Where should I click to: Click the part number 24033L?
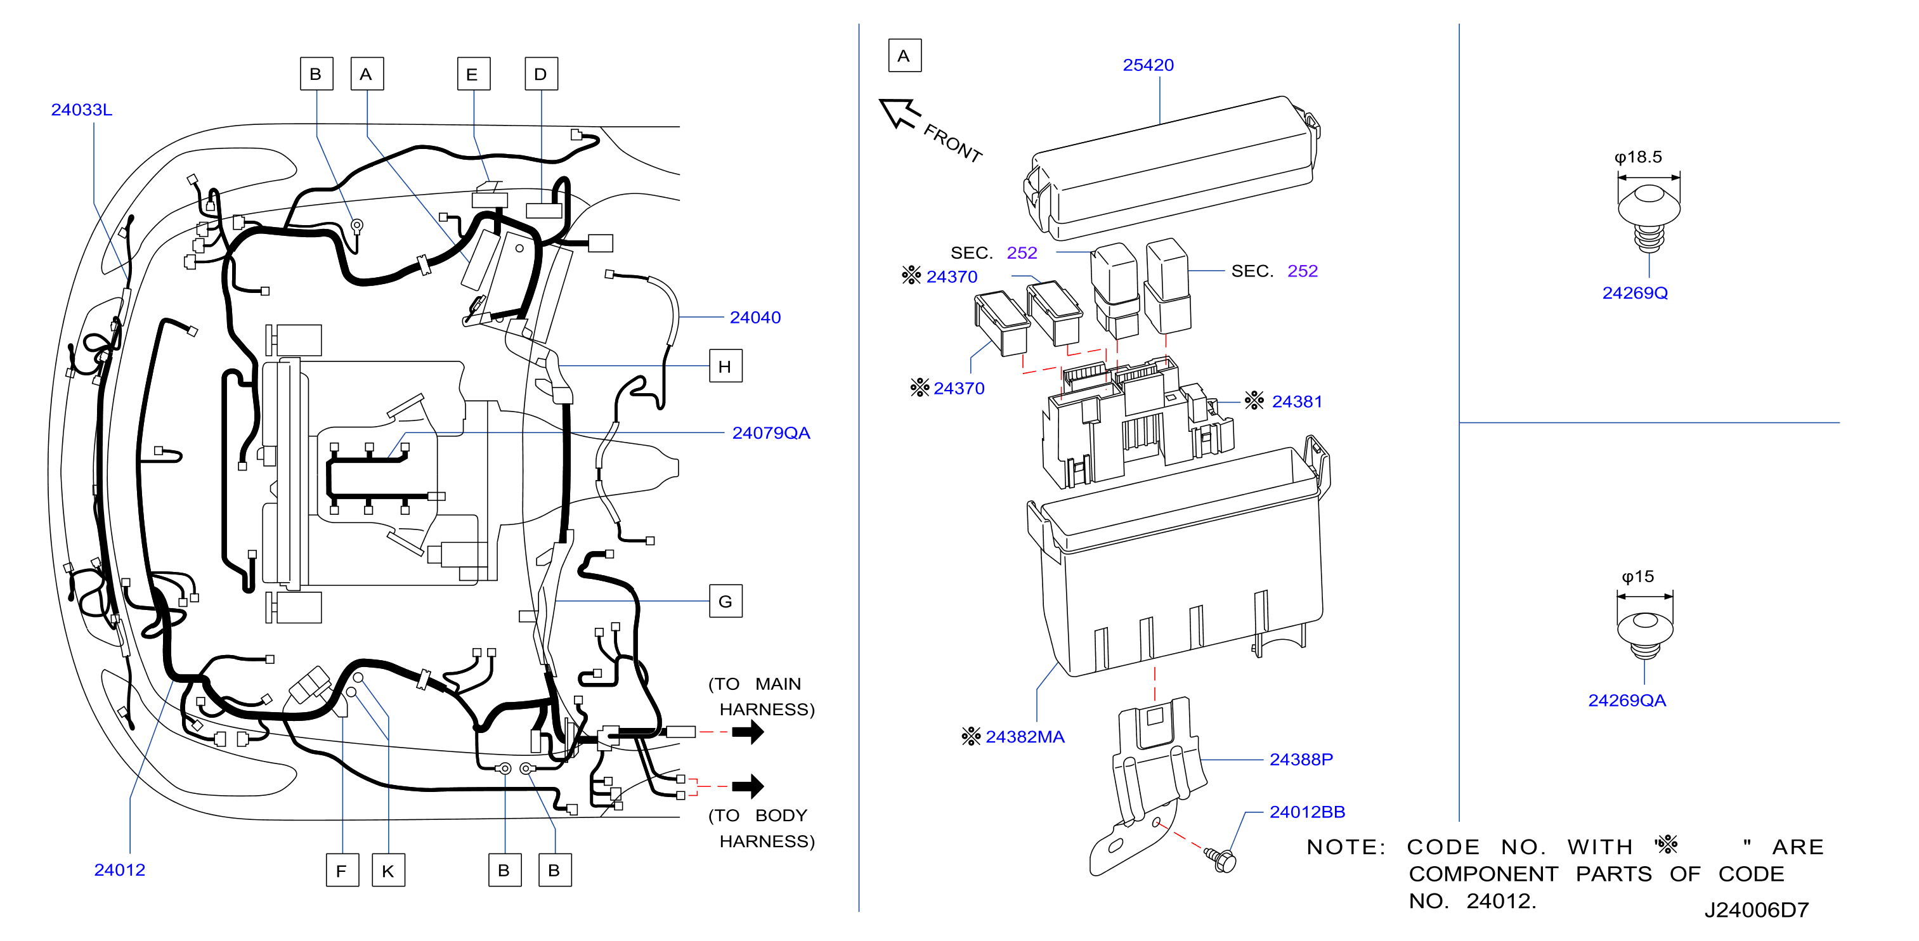pyautogui.click(x=81, y=110)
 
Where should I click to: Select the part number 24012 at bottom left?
pyautogui.click(x=119, y=869)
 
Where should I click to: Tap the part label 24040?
pyautogui.click(x=755, y=318)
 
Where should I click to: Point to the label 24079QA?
pyautogui.click(x=771, y=433)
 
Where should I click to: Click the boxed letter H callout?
pyautogui.click(x=725, y=366)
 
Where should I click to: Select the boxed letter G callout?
pyautogui.click(x=725, y=601)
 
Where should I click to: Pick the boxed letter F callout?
pyautogui.click(x=342, y=870)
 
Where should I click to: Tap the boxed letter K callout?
pyautogui.click(x=388, y=870)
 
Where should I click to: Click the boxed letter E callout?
pyautogui.click(x=473, y=74)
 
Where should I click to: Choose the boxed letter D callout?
pyautogui.click(x=541, y=74)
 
